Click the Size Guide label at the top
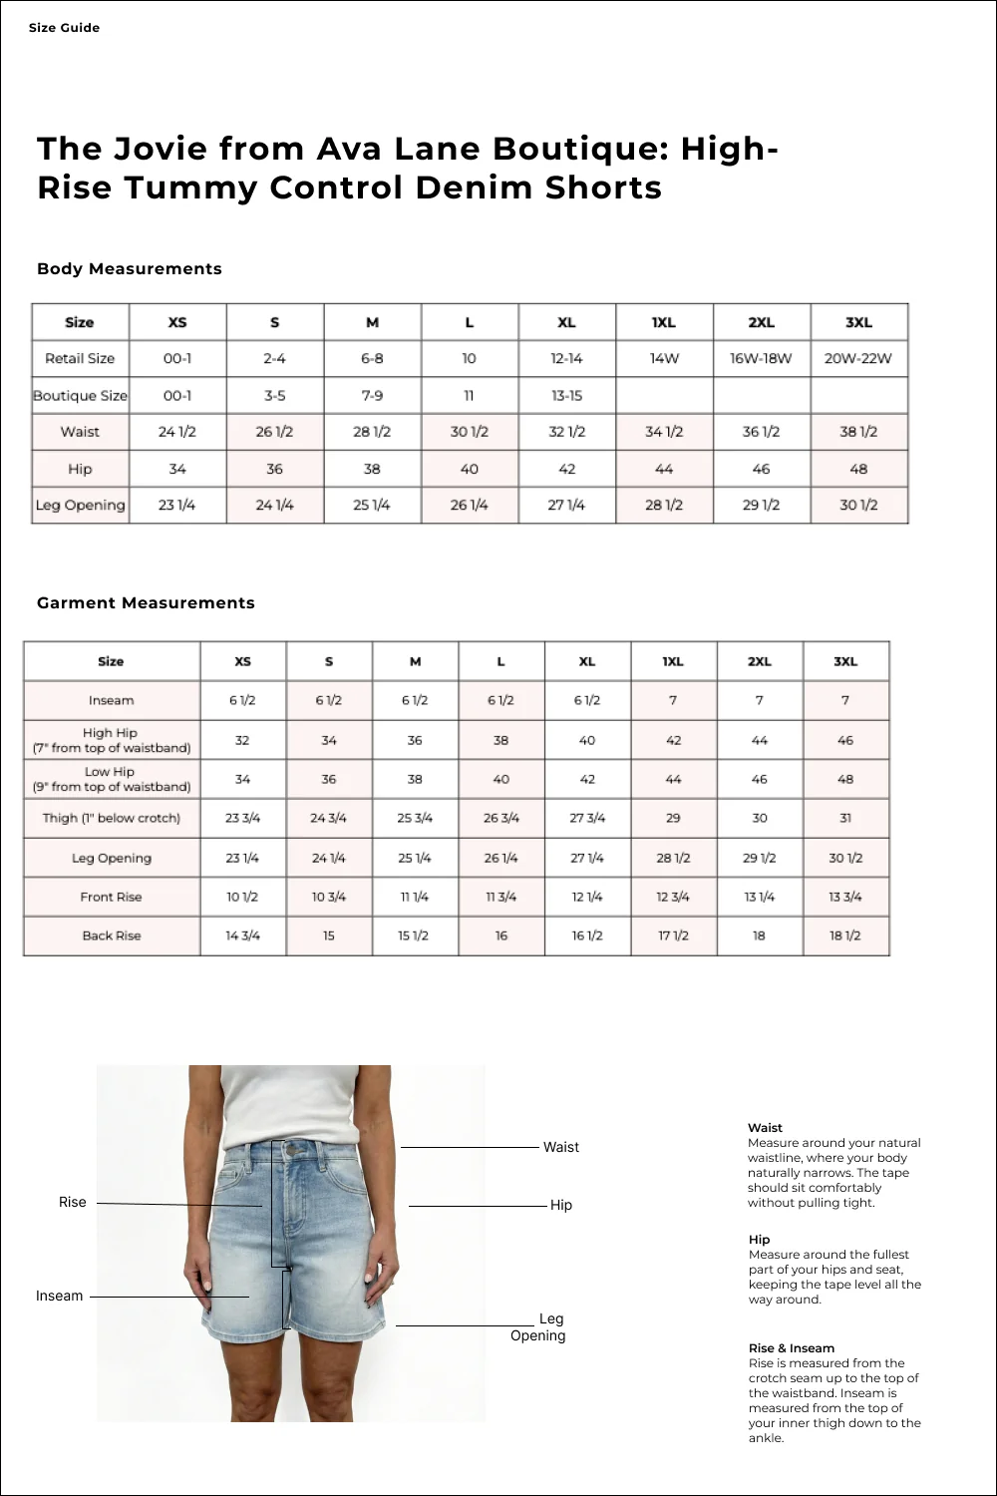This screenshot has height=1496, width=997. tap(64, 28)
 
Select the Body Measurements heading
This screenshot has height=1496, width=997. tap(129, 268)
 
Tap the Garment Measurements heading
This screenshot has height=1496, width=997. tap(146, 602)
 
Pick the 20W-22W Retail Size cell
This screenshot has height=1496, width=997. tap(858, 358)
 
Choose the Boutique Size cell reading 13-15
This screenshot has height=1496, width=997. tap(566, 395)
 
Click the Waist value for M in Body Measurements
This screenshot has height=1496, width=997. tap(372, 432)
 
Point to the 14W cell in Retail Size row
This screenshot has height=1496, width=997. tap(664, 358)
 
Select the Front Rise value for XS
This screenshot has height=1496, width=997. tap(242, 897)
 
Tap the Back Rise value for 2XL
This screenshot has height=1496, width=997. tap(759, 935)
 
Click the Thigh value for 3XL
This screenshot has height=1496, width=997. tap(845, 818)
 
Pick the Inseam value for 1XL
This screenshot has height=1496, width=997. tap(673, 700)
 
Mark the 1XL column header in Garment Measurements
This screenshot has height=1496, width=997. tap(673, 661)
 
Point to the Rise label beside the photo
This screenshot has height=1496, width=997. tap(73, 1202)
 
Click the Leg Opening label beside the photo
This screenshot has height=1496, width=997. tap(539, 1327)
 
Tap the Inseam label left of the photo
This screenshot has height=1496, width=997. tap(59, 1296)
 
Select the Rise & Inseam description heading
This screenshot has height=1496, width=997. tap(792, 1347)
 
